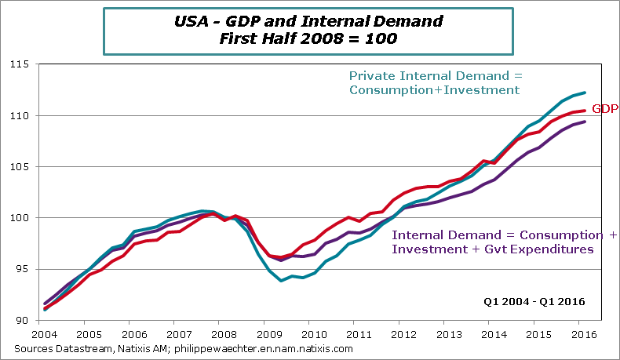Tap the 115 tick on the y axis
[18, 64]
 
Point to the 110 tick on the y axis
[18, 115]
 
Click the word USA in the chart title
[191, 20]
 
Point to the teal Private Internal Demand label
[435, 82]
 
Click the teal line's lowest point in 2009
[280, 280]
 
